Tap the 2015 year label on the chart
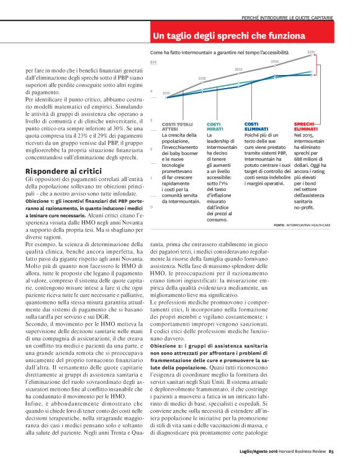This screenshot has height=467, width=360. coord(311,52)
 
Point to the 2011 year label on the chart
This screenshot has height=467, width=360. coord(166,92)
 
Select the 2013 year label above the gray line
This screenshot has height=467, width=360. coord(238,69)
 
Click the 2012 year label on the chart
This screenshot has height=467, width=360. coord(202,78)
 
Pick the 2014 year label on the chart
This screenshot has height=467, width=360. coord(274,61)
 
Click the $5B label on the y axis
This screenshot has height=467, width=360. coord(153,62)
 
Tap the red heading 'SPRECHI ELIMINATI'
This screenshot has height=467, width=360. coord(305,127)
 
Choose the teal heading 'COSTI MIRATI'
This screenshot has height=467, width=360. coord(214,127)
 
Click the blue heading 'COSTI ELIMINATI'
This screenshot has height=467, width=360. coord(256,127)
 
